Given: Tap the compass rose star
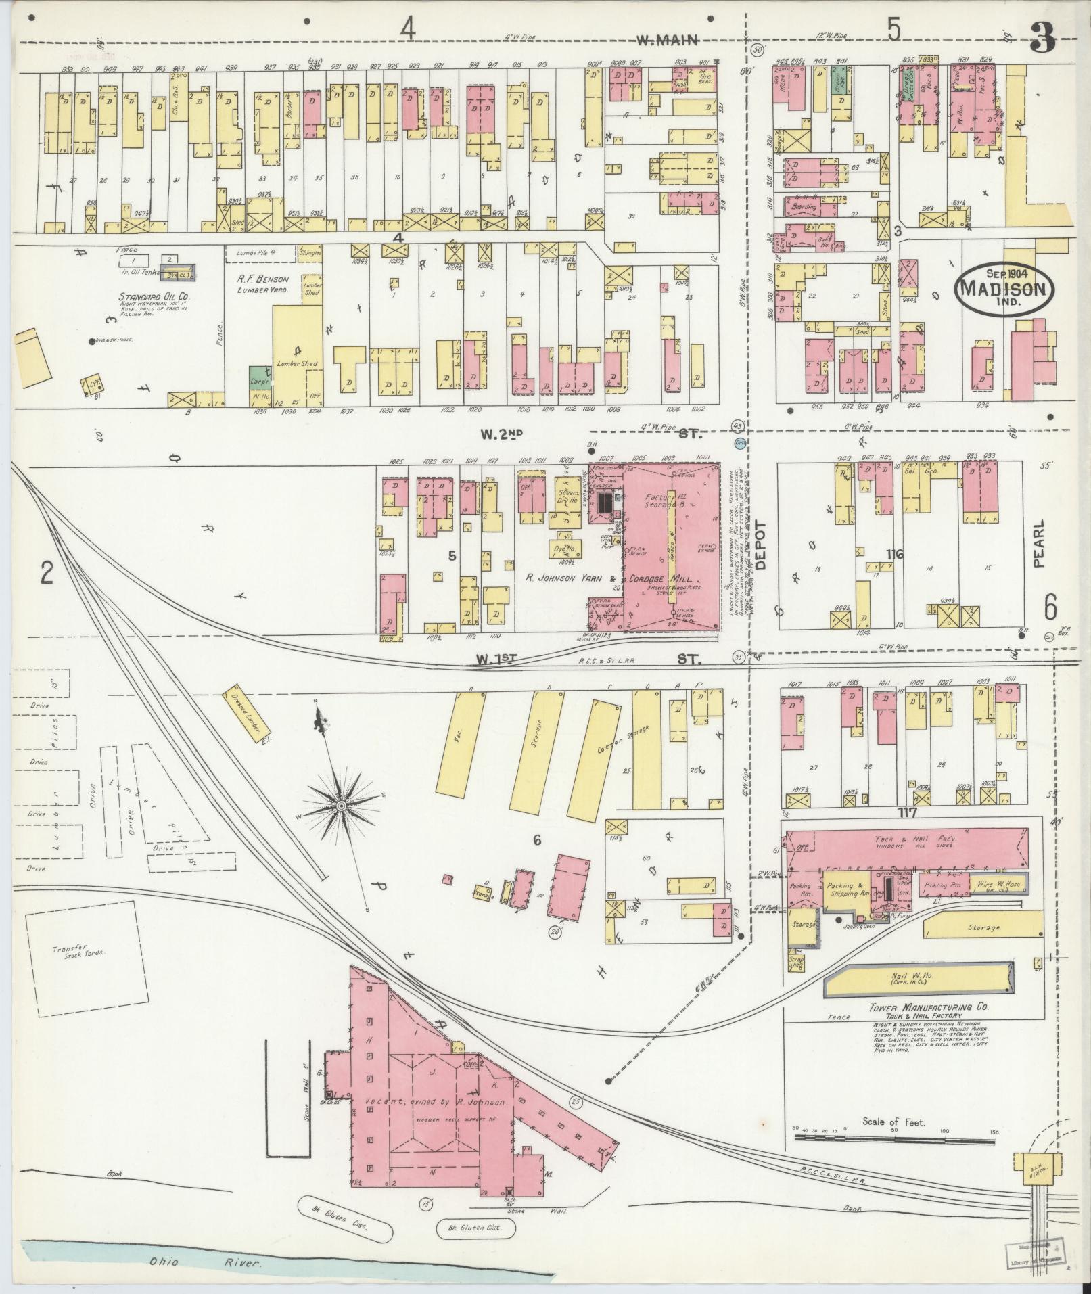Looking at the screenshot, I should (x=342, y=806).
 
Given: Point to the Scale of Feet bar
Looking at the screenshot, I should (x=893, y=1138).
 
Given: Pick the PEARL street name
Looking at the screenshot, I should (x=1039, y=542).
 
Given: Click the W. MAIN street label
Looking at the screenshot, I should (x=667, y=41).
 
